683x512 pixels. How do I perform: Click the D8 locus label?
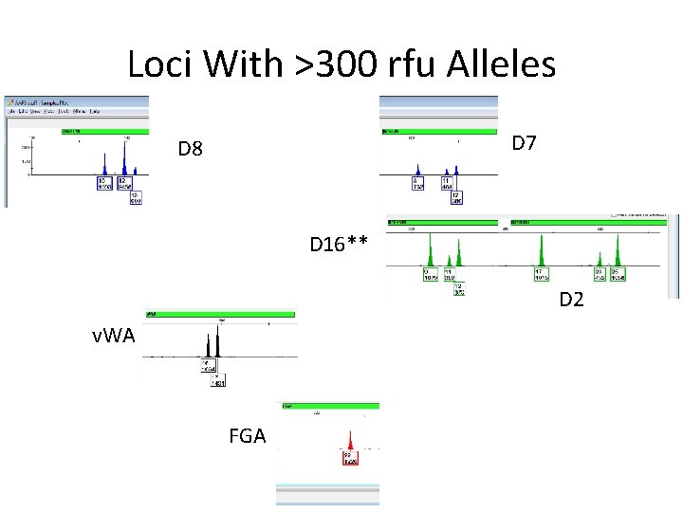pos(191,150)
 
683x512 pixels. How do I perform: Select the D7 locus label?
pos(524,143)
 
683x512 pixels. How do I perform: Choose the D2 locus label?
pos(571,300)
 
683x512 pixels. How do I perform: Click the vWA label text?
pos(114,336)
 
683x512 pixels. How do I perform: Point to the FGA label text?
pos(248,436)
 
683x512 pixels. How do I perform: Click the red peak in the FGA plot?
pos(351,443)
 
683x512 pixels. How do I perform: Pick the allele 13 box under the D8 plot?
pos(136,198)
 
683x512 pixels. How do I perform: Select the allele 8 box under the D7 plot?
pos(417,183)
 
